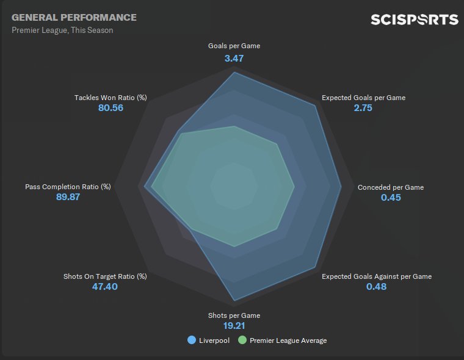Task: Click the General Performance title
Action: click(74, 18)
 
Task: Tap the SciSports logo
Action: click(415, 20)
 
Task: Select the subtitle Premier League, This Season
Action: click(62, 31)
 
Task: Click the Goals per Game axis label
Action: click(234, 46)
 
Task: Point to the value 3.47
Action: click(234, 59)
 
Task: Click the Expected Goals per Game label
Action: click(363, 98)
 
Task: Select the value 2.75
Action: click(363, 109)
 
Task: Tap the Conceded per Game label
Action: click(391, 187)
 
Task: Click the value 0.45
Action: click(391, 198)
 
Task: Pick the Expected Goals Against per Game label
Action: click(377, 276)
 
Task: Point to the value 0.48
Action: click(377, 287)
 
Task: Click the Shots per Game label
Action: click(234, 315)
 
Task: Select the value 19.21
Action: click(234, 326)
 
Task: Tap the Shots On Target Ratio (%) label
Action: click(105, 276)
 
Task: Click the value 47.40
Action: click(105, 287)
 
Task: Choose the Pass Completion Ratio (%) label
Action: click(68, 187)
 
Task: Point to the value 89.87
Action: click(68, 198)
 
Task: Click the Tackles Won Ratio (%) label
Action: click(111, 98)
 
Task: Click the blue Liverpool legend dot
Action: click(192, 340)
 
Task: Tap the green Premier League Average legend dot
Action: click(242, 340)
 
